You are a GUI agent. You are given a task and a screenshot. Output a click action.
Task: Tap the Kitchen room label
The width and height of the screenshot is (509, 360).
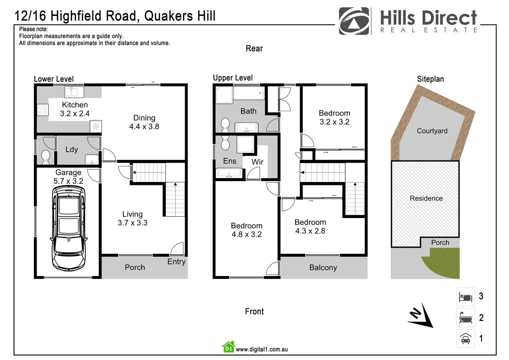click(75, 105)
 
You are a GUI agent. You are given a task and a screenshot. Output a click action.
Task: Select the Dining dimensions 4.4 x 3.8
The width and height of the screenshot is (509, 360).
click(144, 127)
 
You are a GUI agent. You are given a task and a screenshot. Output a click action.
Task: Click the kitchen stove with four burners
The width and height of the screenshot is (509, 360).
click(43, 110)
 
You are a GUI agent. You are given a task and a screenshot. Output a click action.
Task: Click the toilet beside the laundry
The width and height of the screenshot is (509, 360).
click(46, 157)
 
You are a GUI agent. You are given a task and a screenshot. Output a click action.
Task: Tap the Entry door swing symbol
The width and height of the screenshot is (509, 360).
click(177, 249)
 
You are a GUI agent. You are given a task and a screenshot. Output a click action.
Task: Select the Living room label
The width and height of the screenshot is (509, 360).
click(132, 214)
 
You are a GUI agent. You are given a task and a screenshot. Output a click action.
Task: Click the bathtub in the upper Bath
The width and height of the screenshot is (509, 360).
click(249, 93)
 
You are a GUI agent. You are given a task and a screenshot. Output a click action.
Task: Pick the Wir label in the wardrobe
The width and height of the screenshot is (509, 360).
click(257, 162)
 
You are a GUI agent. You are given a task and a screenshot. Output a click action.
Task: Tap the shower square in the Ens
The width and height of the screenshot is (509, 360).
click(246, 144)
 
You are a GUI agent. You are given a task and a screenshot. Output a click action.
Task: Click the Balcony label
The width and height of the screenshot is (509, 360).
click(323, 268)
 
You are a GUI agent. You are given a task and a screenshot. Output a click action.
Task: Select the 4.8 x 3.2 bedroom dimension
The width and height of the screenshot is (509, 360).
click(247, 235)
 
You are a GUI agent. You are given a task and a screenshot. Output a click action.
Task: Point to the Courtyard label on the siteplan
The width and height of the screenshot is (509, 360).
click(432, 131)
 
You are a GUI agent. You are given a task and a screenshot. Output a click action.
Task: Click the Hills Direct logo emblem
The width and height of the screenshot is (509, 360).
click(354, 21)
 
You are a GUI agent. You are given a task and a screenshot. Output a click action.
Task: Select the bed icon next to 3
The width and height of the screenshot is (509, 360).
click(465, 296)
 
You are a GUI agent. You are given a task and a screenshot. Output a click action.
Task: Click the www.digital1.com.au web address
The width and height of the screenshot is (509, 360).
click(262, 349)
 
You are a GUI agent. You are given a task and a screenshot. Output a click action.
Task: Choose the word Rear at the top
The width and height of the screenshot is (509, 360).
click(254, 49)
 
